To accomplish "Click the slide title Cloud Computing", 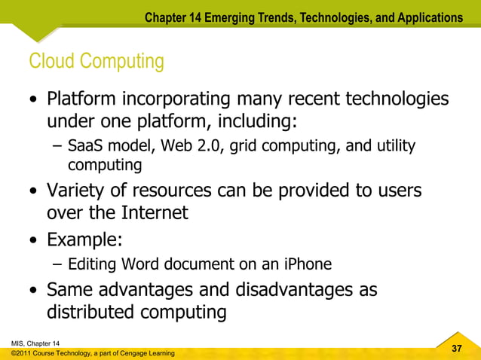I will click(x=96, y=61).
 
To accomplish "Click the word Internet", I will click(x=148, y=213).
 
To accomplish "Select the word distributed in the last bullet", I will click(x=97, y=312).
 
